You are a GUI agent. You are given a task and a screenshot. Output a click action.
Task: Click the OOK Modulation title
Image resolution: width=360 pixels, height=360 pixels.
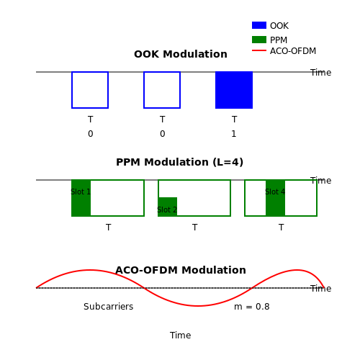(181, 54)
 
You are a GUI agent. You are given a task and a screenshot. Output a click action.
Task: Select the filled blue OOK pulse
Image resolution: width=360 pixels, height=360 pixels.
(234, 90)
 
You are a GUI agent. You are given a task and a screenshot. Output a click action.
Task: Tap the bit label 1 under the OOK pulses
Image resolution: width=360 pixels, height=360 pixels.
(234, 134)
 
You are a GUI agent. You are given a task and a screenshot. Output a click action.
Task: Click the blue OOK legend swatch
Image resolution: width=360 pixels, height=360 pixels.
(259, 25)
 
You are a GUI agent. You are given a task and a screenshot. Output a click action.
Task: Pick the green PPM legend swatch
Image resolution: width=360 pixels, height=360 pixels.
(259, 40)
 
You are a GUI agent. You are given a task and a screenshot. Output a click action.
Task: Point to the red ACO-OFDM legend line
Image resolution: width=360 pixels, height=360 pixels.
(259, 50)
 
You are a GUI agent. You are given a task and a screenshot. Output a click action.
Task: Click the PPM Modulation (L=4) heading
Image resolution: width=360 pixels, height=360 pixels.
(180, 162)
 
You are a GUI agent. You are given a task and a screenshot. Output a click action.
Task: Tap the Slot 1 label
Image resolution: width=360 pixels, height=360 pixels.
(81, 192)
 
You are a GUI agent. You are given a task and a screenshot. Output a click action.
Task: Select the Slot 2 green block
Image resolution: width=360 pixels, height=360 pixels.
(168, 207)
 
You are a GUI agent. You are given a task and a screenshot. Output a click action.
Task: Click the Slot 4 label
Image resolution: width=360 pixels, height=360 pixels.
(275, 192)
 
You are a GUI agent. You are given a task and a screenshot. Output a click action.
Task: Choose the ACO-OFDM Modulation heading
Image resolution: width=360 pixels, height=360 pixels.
(181, 270)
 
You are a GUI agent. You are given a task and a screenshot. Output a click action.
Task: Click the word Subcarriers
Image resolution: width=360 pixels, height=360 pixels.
(109, 307)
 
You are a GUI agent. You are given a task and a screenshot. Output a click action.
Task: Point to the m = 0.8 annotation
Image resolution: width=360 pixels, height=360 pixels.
(252, 307)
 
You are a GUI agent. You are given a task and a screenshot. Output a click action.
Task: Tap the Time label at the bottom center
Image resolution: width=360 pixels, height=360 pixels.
(181, 336)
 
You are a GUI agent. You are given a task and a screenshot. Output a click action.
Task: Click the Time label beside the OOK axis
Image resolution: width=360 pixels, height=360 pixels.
(321, 73)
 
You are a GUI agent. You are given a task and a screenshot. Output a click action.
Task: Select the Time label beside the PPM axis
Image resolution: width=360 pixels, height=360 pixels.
(321, 181)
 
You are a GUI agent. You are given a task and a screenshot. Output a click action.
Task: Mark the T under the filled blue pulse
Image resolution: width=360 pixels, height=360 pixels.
(234, 120)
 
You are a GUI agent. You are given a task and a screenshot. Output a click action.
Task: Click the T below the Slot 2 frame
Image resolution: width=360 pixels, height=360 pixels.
(194, 228)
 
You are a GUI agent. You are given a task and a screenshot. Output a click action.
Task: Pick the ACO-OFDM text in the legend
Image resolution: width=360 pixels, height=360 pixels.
(293, 51)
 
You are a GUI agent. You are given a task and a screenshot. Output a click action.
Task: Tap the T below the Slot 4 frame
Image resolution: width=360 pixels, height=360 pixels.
(281, 228)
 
